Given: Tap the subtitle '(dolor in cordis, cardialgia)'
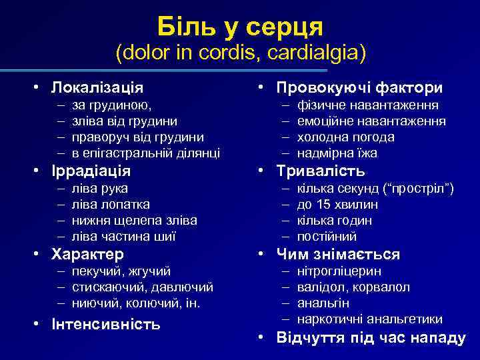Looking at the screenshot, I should tap(240, 53).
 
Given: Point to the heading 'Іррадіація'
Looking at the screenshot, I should tap(93, 171).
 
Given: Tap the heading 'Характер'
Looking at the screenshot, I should tap(89, 254).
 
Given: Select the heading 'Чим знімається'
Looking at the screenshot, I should tap(338, 254).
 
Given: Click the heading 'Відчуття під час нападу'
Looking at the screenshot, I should tap(371, 337).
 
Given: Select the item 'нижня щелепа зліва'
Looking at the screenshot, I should tap(134, 220).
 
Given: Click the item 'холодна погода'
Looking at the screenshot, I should tap(346, 137).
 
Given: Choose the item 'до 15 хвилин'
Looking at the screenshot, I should tap(338, 204).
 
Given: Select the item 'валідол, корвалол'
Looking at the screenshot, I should tap(353, 287).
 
